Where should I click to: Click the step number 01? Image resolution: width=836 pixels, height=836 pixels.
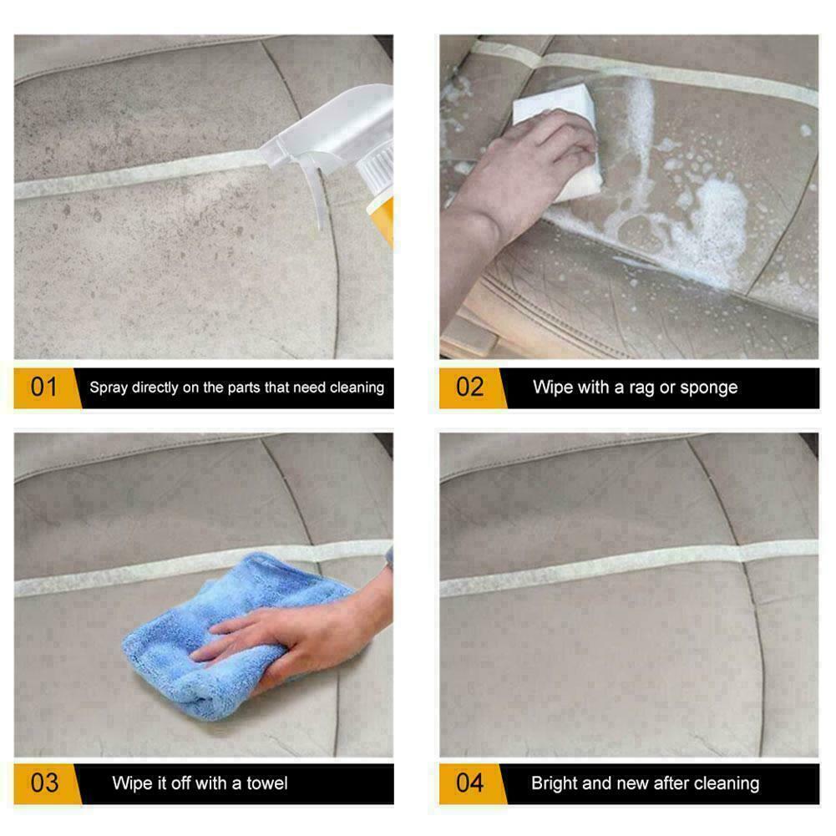pyautogui.click(x=44, y=388)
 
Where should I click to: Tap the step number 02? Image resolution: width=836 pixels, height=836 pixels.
pyautogui.click(x=470, y=388)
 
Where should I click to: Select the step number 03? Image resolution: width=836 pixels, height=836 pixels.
pyautogui.click(x=44, y=783)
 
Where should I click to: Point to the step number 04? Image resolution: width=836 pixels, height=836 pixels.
pyautogui.click(x=470, y=783)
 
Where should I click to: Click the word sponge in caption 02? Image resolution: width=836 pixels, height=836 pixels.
pyautogui.click(x=709, y=388)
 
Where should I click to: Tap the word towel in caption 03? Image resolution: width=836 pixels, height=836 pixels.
pyautogui.click(x=266, y=783)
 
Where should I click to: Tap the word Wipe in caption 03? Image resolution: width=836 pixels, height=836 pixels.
pyautogui.click(x=132, y=783)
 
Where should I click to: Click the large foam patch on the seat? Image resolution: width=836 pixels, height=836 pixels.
pyautogui.click(x=710, y=225)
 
